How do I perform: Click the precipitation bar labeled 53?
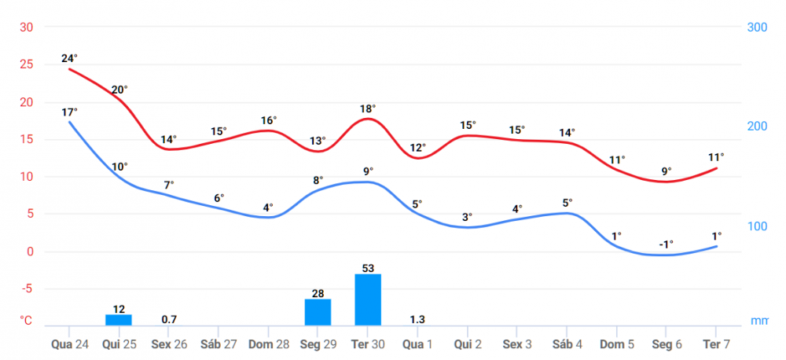[x=368, y=299]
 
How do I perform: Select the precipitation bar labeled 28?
[x=318, y=312]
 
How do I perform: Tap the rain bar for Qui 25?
[x=119, y=320]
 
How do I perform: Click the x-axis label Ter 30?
[x=368, y=344]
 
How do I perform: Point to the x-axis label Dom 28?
[x=268, y=344]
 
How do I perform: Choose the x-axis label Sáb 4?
[x=567, y=344]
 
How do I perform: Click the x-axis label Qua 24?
[x=69, y=344]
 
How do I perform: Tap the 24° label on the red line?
[x=69, y=58]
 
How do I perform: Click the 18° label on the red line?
[x=368, y=108]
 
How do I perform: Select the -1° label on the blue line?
[x=666, y=244]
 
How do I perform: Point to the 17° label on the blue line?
[x=69, y=112]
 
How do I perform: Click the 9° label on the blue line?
[x=368, y=171]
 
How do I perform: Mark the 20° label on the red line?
[x=119, y=90]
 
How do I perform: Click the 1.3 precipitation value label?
[x=417, y=319]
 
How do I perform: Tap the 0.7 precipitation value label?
[x=169, y=319]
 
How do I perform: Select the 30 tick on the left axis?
[x=27, y=28]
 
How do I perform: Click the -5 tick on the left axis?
[x=27, y=289]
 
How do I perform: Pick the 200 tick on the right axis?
[x=756, y=127]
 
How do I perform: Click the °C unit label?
[x=26, y=321]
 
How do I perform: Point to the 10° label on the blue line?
[x=119, y=167]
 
